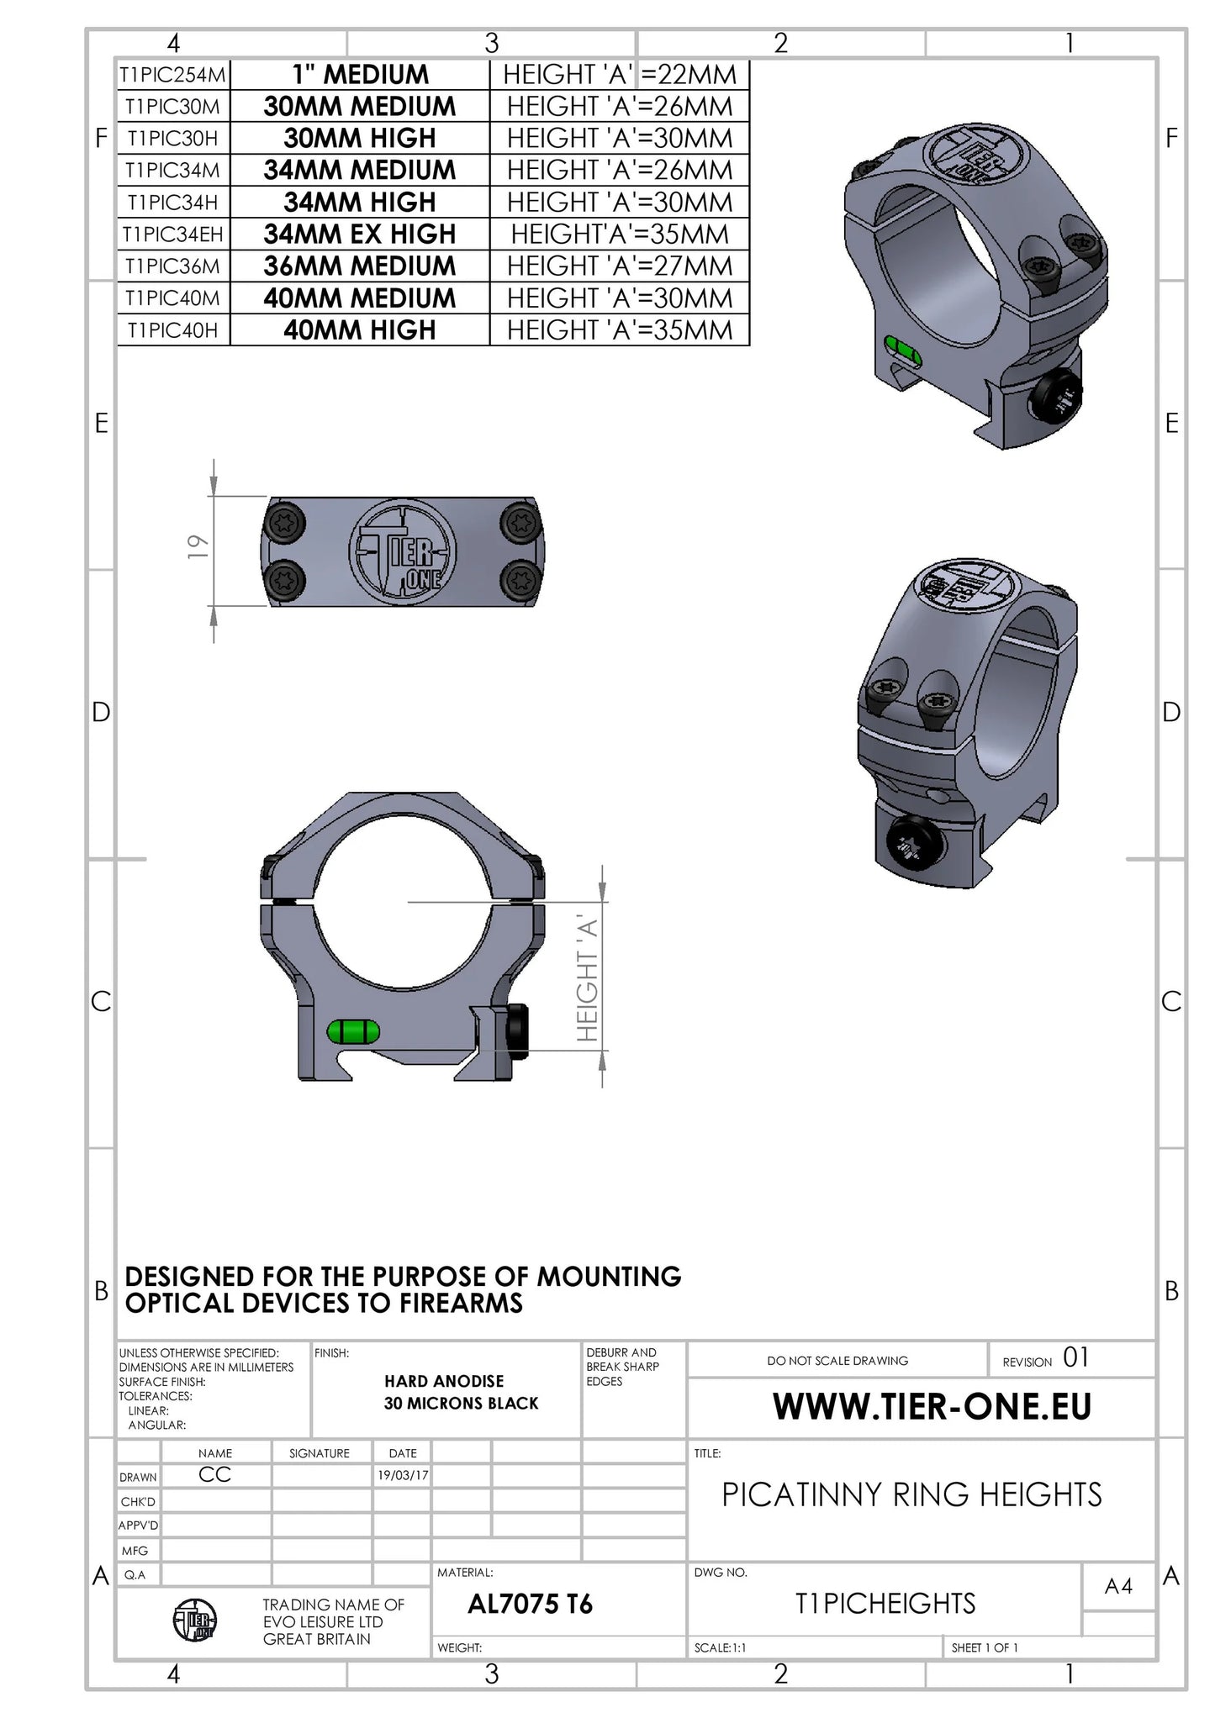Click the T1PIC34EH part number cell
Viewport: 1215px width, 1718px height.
coord(172,235)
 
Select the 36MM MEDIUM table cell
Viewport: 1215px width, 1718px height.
coord(359,266)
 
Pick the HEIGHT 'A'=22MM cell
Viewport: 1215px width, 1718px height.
coord(619,75)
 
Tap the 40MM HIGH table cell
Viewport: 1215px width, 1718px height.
coord(359,330)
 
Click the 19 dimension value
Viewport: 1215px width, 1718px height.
coord(198,547)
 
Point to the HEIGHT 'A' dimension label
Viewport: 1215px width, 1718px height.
coord(588,979)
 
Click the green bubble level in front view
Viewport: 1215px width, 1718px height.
coord(353,1031)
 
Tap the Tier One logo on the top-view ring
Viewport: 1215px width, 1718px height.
coord(403,551)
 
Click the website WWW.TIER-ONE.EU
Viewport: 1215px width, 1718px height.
coord(932,1407)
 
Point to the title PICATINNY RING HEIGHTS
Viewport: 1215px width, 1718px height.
coord(911,1494)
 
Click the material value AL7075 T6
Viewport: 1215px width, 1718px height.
coord(530,1604)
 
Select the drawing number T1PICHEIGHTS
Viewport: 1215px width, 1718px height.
coord(885,1603)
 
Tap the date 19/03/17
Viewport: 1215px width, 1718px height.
coord(403,1475)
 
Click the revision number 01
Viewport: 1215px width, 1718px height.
coord(1075,1357)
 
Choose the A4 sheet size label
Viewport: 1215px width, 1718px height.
coord(1118,1586)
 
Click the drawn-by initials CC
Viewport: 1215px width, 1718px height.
coord(214,1474)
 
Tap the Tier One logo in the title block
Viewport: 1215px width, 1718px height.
coord(194,1620)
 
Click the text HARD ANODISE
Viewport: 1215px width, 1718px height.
coord(444,1381)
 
